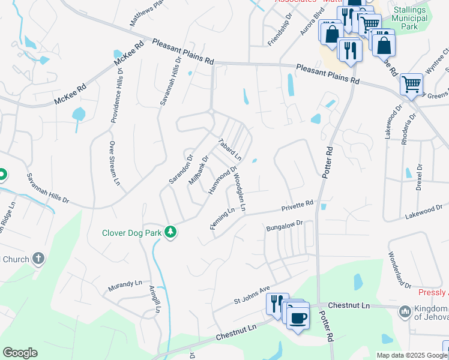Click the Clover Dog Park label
pos(131,233)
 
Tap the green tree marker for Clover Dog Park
pos(171,232)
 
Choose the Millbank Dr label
pos(198,170)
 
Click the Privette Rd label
pos(298,206)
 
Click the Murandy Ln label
pos(125,284)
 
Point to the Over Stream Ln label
pos(114,163)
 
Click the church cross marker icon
pos(38,259)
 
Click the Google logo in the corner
pos(20,353)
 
